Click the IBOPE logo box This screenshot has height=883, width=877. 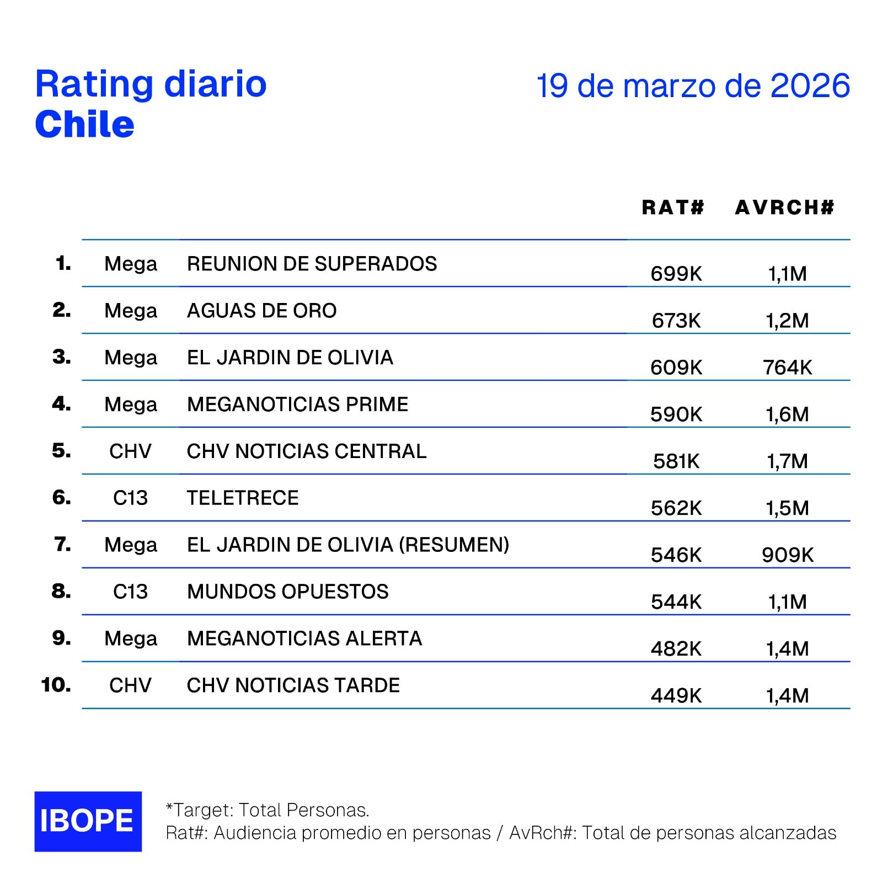point(88,821)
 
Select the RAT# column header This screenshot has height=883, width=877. point(673,208)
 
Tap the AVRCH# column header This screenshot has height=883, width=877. point(784,208)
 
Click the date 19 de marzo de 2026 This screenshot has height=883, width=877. point(693,86)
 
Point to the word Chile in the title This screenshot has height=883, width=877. point(84,124)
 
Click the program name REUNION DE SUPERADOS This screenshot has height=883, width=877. point(312,264)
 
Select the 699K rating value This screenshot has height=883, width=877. point(676,274)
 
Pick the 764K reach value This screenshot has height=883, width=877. point(787,368)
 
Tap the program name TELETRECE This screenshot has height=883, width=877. point(243,498)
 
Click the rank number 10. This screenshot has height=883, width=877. point(56,685)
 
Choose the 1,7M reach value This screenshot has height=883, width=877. point(787,461)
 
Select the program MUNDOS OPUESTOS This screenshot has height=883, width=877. point(287,592)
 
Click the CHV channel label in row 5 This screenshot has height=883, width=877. point(130,451)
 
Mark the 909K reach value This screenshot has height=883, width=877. point(787,555)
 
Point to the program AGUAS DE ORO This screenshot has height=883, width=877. point(261,311)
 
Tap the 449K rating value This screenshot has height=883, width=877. point(676,696)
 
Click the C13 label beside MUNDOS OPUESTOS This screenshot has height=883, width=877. point(130,592)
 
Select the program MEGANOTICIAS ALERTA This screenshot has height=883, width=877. point(304,639)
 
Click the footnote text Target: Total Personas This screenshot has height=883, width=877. point(268,810)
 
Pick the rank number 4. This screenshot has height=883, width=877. point(61,404)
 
